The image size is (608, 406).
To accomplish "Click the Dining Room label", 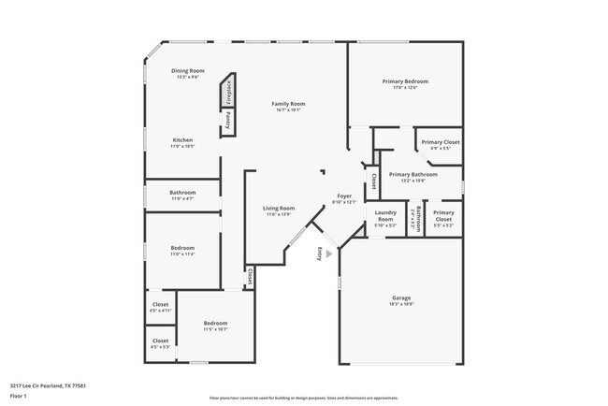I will [x=187, y=71].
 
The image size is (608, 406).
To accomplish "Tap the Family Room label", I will [x=289, y=103].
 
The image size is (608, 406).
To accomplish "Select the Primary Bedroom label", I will [x=405, y=81].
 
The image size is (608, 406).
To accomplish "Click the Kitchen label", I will [x=182, y=140].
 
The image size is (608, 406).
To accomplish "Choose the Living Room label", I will [x=279, y=208].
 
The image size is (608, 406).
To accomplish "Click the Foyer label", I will [x=344, y=196].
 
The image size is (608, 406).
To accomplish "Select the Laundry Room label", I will [x=385, y=216].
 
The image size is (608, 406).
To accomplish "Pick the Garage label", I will [x=400, y=298].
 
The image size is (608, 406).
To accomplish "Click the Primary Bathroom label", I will [x=413, y=175].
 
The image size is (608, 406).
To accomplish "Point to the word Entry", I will [x=320, y=252].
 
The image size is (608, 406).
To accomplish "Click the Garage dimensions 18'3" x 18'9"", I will [x=400, y=305].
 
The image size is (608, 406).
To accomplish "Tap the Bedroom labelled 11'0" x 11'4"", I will [x=182, y=249].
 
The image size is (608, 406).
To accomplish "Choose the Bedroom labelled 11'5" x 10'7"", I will [x=216, y=324].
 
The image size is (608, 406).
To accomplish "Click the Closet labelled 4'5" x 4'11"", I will [x=161, y=305].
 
